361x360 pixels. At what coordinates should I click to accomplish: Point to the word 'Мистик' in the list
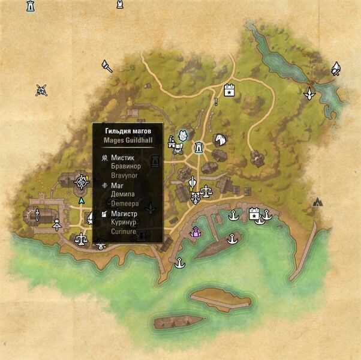[122, 157]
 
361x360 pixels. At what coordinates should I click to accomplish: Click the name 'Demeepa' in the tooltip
[124, 203]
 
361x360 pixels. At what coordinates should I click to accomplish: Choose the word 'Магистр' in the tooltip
[124, 214]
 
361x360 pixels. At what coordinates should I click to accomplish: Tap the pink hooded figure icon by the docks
[195, 232]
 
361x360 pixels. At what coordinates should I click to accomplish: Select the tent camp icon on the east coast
[317, 202]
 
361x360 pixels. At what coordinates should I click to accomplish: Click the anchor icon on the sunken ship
[231, 240]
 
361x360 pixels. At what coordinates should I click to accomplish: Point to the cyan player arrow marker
[82, 200]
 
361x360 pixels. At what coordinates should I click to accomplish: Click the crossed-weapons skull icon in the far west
[41, 90]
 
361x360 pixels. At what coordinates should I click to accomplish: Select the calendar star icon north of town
[228, 91]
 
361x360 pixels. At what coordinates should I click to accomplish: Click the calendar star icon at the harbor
[254, 212]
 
